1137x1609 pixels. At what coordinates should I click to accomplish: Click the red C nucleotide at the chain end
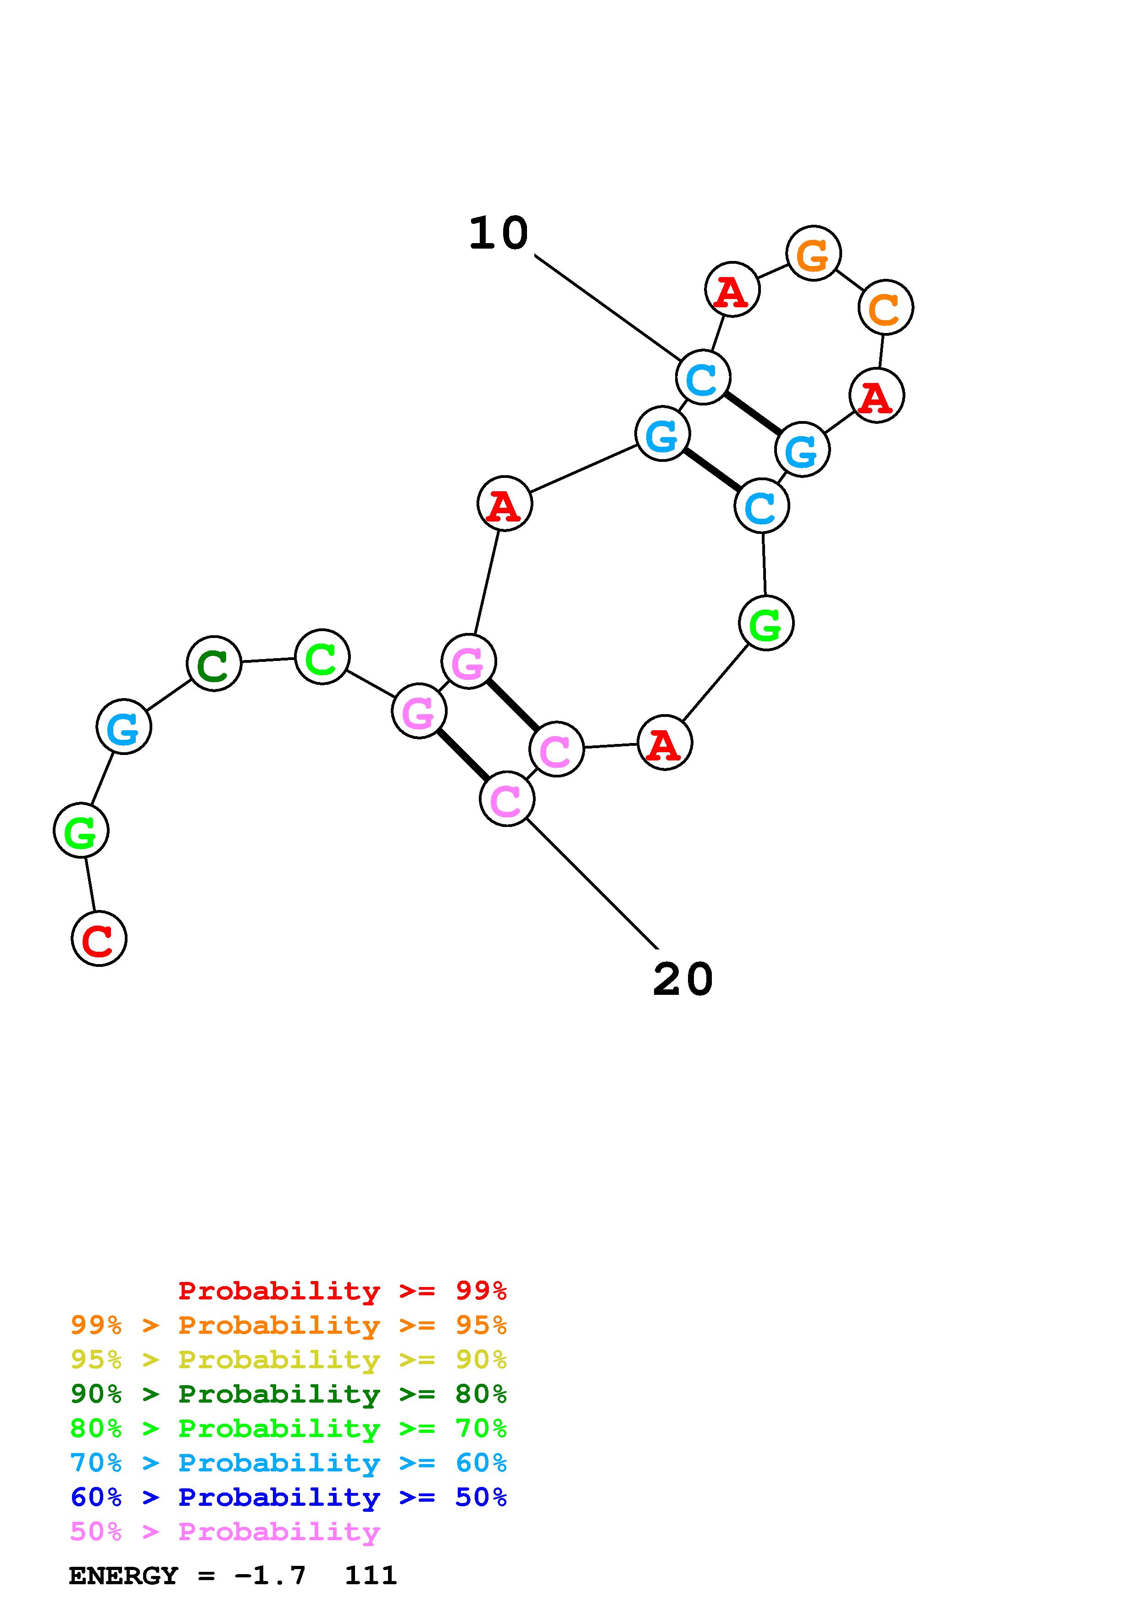click(x=99, y=938)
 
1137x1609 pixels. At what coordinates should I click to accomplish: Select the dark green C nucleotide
click(x=214, y=664)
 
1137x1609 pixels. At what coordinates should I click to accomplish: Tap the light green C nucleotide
click(x=322, y=657)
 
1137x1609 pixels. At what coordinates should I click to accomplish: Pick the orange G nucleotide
click(x=813, y=254)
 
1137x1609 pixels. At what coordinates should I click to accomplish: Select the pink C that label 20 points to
click(x=506, y=799)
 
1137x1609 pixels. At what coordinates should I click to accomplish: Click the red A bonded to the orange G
click(x=732, y=289)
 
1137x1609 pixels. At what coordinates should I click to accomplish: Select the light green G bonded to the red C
click(x=81, y=831)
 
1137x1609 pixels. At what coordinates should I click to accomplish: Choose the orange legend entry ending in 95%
click(x=288, y=1325)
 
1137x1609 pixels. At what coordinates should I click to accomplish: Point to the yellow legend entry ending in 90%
click(x=288, y=1359)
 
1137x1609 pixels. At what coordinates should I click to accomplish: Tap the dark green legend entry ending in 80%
click(x=288, y=1394)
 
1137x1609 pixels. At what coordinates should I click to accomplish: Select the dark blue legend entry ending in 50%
click(x=288, y=1497)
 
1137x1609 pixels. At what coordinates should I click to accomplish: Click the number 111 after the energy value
click(x=371, y=1576)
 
